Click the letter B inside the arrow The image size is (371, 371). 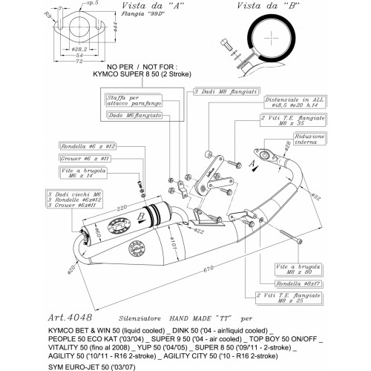tap(139, 215)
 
